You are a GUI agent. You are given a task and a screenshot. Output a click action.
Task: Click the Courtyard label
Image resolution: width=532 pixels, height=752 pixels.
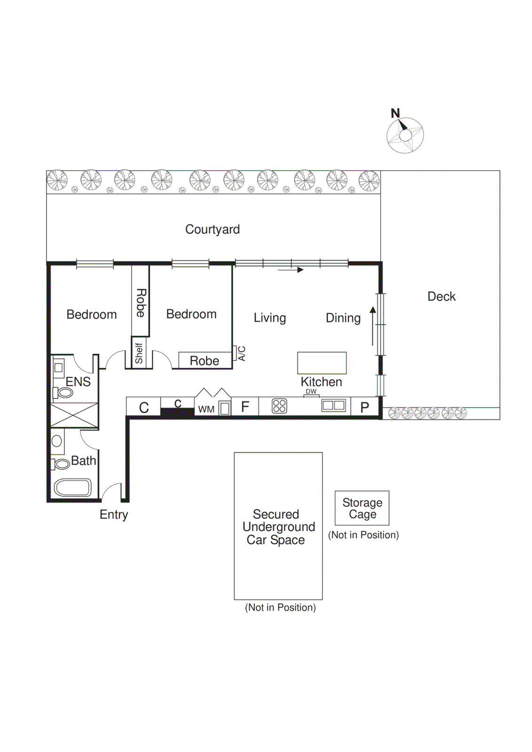[x=212, y=229]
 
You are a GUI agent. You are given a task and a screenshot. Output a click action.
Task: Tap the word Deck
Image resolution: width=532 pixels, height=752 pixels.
[x=441, y=297]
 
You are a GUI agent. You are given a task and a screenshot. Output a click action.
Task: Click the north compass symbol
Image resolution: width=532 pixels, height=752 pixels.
[x=405, y=135]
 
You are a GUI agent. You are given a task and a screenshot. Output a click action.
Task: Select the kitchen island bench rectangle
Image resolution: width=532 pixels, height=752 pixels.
[x=322, y=363]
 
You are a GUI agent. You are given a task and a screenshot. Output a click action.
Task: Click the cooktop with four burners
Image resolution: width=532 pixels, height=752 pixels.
[x=279, y=406]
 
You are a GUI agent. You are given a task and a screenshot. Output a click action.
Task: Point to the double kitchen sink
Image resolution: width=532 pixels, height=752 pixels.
[x=334, y=405]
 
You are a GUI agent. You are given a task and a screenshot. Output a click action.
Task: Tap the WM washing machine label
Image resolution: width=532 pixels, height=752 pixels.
[x=206, y=409]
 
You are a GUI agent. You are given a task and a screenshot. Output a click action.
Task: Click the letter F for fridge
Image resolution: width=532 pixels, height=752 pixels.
[x=245, y=407]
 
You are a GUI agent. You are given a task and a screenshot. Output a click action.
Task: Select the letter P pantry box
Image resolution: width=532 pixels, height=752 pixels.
[x=365, y=407]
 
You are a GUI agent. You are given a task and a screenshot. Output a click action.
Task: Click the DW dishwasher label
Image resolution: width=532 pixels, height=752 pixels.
[x=311, y=392]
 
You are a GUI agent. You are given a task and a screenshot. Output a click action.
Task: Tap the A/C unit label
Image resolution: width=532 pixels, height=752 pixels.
[x=242, y=353]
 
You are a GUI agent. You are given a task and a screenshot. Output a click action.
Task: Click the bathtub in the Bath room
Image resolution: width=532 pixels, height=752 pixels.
[x=72, y=488]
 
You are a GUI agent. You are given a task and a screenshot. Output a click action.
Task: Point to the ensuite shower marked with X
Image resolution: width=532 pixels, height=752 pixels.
[x=74, y=415]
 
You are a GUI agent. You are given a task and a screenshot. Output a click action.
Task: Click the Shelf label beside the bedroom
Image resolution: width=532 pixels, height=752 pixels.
[x=139, y=353]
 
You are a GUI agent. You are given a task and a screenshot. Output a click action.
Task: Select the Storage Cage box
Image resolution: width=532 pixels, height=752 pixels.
[x=362, y=508]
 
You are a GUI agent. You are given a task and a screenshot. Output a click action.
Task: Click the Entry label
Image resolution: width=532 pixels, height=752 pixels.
[x=114, y=515]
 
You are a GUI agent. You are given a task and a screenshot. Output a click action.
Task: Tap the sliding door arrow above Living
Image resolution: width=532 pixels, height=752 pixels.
[x=290, y=270]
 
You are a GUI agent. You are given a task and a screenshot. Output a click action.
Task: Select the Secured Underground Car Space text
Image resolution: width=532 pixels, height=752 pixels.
[x=278, y=527]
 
